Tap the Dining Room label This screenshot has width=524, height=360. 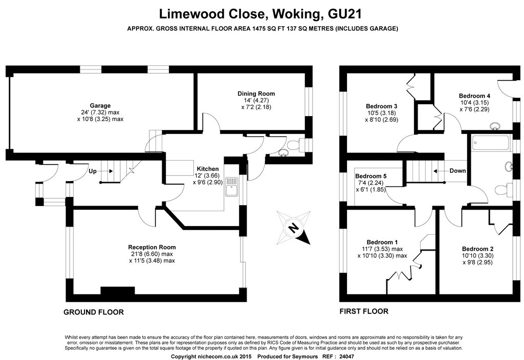coord(256,94)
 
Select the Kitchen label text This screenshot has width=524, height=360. coord(208,169)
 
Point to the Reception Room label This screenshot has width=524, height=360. coord(152,247)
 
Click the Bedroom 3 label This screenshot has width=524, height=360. coord(382,106)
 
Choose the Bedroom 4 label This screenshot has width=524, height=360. coord(474,96)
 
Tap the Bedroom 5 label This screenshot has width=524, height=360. coord(370,176)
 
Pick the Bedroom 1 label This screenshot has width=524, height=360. coord(382,242)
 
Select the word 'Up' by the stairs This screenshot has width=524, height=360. coord(93,171)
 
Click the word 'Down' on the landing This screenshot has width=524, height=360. coord(457,171)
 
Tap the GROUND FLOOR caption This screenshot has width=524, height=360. coord(94,312)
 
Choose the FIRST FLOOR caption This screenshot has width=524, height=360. coord(364,311)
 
